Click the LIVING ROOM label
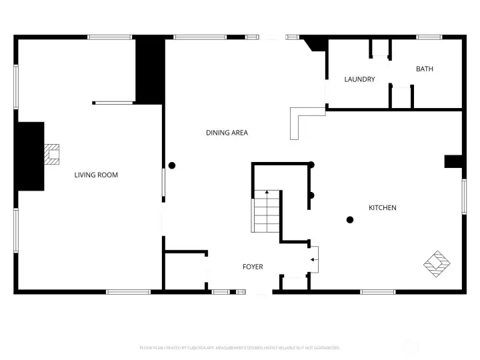tap(96, 175)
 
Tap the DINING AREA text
tap(227, 133)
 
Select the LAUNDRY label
tap(359, 79)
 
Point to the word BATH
tap(425, 69)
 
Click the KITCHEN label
tap(383, 208)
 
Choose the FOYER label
tap(253, 267)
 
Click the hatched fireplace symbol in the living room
tap(51, 155)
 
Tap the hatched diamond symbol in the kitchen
tap(437, 263)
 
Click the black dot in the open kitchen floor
tap(349, 220)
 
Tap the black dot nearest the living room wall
tap(171, 165)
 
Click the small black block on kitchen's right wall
tap(453, 161)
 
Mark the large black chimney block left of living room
tap(30, 156)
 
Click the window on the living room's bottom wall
tap(128, 291)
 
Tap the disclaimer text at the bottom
tap(240, 348)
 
